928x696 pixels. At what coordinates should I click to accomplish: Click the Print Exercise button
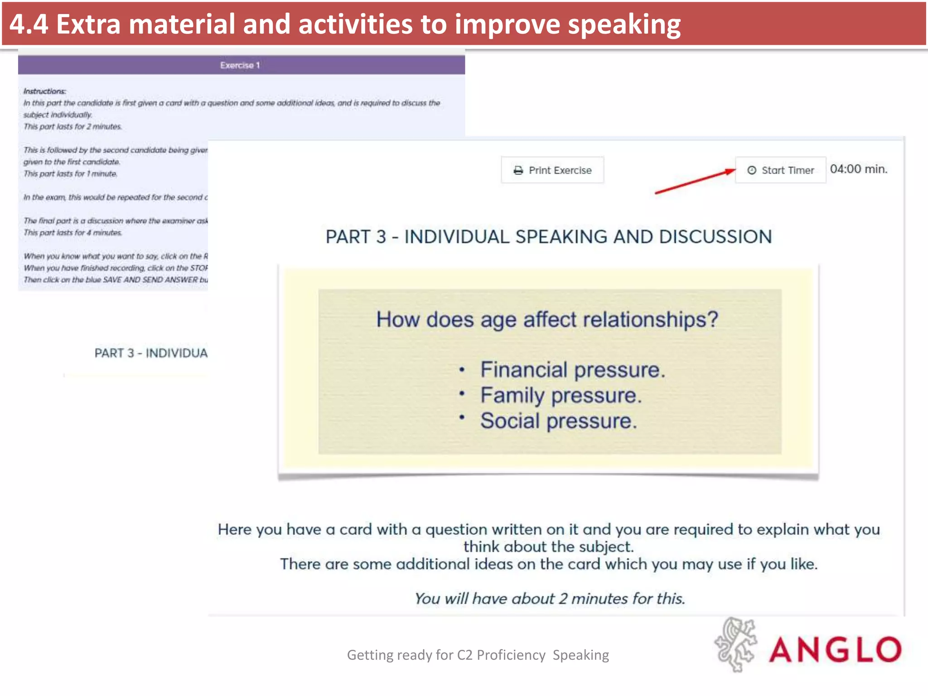(x=552, y=170)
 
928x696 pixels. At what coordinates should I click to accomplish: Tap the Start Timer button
(x=780, y=170)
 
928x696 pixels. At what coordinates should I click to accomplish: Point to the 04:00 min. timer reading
(x=858, y=169)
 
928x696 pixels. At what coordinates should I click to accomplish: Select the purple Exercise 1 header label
(x=240, y=65)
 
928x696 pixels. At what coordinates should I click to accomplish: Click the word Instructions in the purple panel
(x=44, y=91)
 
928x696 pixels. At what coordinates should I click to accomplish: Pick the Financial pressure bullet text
(x=572, y=370)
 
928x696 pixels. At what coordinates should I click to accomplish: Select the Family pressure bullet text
(x=561, y=396)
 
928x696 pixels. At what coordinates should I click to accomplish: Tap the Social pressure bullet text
(x=558, y=421)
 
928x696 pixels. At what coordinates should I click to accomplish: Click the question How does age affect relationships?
(x=547, y=319)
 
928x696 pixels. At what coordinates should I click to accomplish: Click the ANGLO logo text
(x=835, y=649)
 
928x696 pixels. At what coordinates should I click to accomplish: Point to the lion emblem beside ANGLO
(x=735, y=644)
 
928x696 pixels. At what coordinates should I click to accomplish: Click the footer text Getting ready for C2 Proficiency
(x=446, y=655)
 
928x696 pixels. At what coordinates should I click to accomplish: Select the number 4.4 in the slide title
(x=28, y=24)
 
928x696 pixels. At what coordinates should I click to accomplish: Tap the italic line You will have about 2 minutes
(x=549, y=599)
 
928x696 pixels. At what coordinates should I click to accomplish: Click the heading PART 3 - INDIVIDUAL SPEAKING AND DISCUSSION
(x=548, y=237)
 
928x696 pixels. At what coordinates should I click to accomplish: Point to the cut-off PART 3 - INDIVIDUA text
(x=151, y=353)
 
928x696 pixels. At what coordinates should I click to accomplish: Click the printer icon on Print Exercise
(x=518, y=170)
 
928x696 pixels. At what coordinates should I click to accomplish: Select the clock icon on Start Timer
(x=752, y=170)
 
